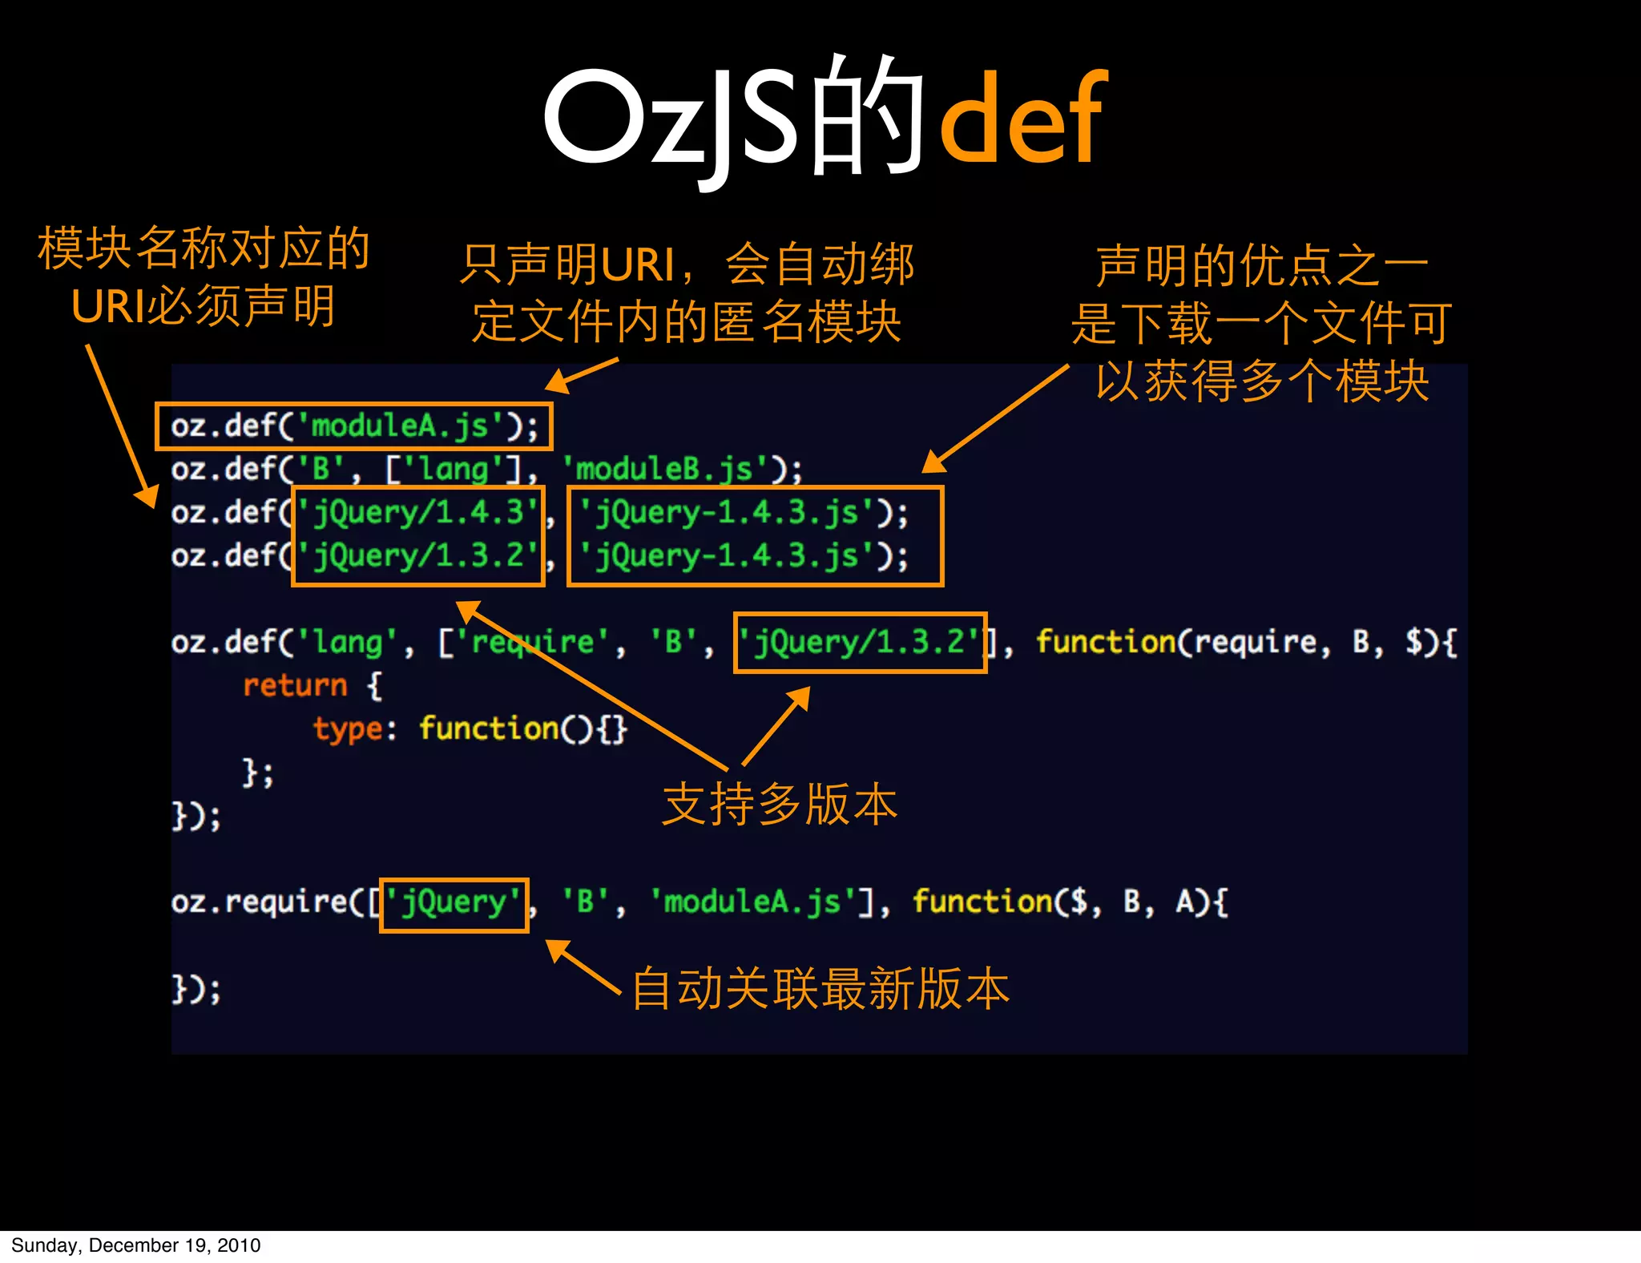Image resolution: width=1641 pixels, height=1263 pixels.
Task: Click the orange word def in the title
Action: pyautogui.click(x=1024, y=120)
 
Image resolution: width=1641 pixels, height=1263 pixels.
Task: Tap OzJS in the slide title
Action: pyautogui.click(x=670, y=120)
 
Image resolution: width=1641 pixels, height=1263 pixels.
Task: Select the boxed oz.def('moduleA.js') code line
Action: pyautogui.click(x=353, y=426)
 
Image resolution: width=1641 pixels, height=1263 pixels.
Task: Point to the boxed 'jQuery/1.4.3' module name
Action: pyautogui.click(x=417, y=513)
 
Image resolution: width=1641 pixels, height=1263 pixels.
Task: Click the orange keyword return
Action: pyautogui.click(x=295, y=686)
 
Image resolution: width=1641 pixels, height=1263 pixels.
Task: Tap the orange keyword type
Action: pyautogui.click(x=348, y=729)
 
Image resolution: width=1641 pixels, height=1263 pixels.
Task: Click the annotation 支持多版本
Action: pyautogui.click(x=780, y=804)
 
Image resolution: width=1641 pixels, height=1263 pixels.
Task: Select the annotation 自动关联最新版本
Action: pyautogui.click(x=820, y=988)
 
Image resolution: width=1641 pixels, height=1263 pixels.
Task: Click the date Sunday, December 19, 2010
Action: pyautogui.click(x=135, y=1245)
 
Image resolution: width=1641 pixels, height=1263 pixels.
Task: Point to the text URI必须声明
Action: pyautogui.click(x=203, y=306)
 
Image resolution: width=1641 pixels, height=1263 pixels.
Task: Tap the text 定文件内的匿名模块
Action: pyautogui.click(x=687, y=321)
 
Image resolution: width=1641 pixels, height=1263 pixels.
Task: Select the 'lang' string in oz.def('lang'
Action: pyautogui.click(x=348, y=643)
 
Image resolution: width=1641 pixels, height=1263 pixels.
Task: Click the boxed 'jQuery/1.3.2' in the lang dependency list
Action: pyautogui.click(x=859, y=643)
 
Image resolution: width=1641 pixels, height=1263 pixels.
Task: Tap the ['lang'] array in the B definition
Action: pyautogui.click(x=454, y=469)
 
